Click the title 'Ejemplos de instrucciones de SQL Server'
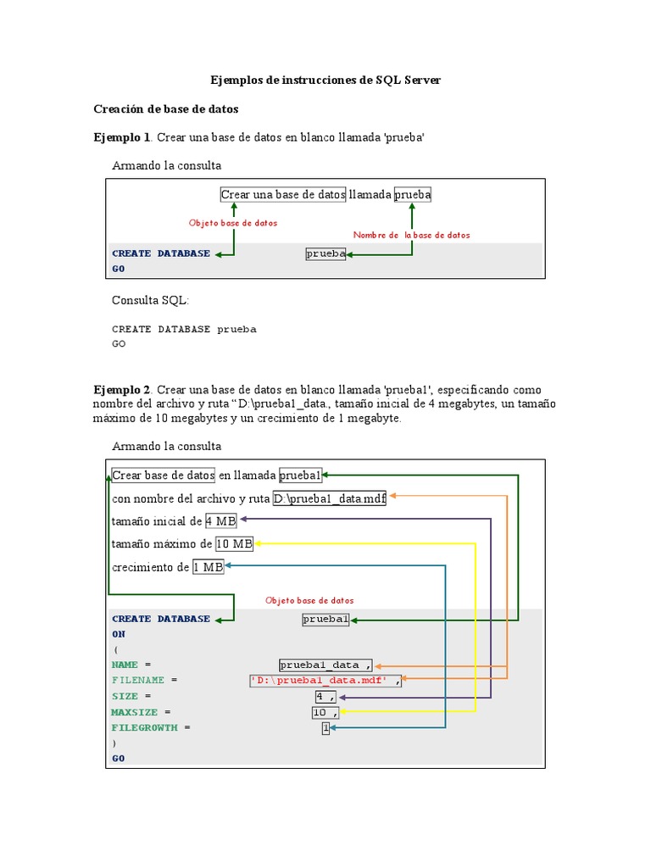click(325, 81)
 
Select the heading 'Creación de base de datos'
click(165, 109)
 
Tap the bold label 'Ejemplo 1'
click(121, 137)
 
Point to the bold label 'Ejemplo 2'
click(121, 390)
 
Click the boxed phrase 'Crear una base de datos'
click(283, 195)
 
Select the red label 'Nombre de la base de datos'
click(411, 235)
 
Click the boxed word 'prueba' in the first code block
click(325, 253)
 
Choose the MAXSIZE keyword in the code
click(135, 712)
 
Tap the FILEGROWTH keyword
click(145, 727)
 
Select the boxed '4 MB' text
click(220, 521)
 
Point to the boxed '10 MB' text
click(235, 544)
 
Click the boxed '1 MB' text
click(208, 567)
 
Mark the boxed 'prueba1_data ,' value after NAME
click(325, 665)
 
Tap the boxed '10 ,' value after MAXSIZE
click(325, 712)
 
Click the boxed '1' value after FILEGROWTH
click(325, 727)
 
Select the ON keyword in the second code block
click(118, 634)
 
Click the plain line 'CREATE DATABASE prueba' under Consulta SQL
click(184, 329)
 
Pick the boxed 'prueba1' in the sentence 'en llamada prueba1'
click(300, 476)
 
